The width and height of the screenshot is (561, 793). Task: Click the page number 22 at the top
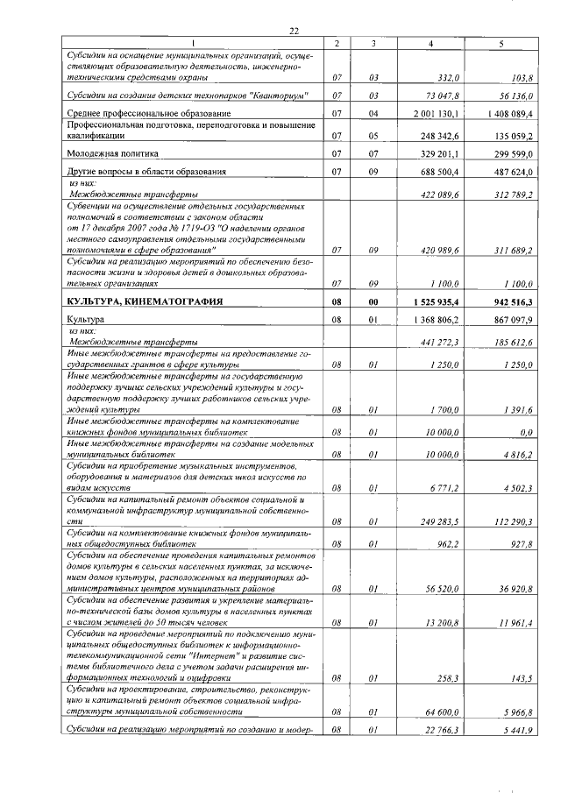[295, 31]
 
